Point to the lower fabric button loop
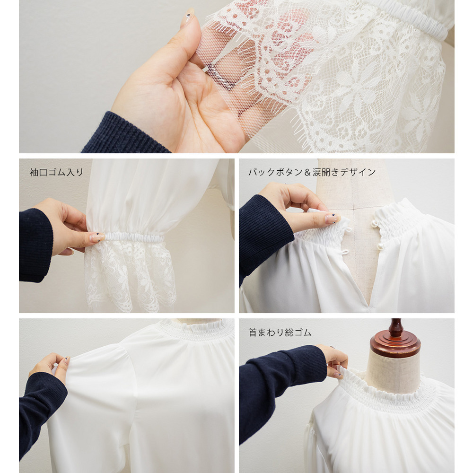click(x=345, y=252)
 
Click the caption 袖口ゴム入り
click(x=56, y=172)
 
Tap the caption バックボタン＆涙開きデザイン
click(x=312, y=172)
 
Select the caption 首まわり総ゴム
click(x=280, y=333)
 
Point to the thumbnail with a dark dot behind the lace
click(x=188, y=17)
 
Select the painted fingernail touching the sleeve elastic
click(x=97, y=237)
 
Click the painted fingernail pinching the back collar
click(x=333, y=218)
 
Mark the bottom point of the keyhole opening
click(x=369, y=304)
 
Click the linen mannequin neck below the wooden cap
click(x=393, y=373)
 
